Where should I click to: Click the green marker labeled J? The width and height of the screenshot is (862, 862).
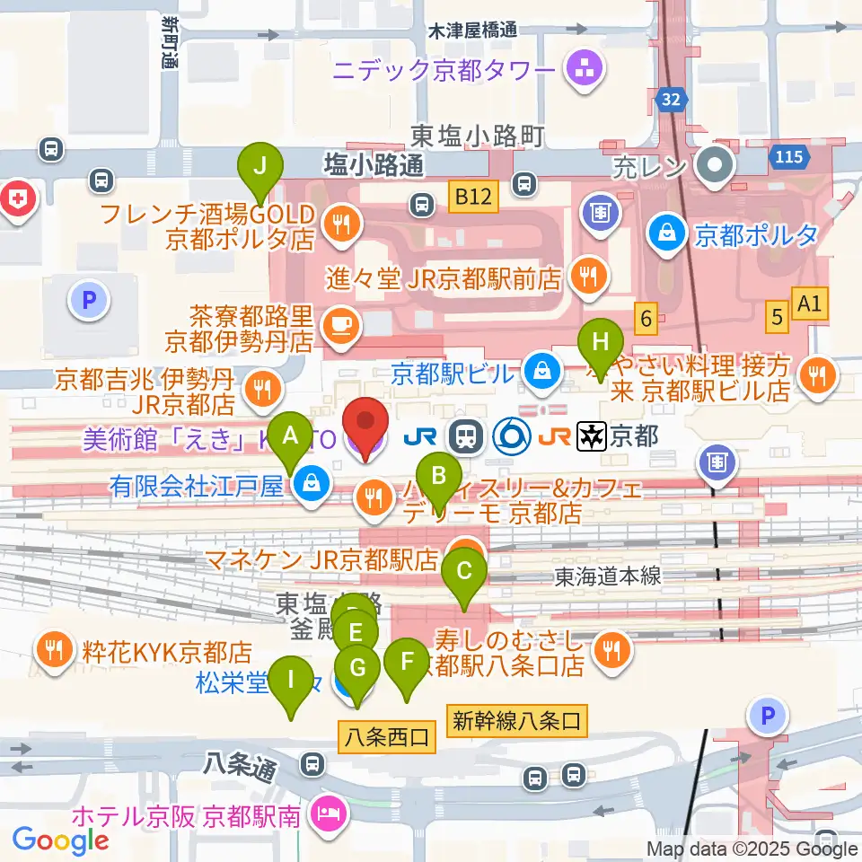coord(260,168)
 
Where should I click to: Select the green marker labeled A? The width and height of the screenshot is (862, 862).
coord(290,436)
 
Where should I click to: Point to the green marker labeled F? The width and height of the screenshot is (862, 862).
coord(407,665)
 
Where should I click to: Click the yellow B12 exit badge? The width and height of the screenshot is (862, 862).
coord(472,197)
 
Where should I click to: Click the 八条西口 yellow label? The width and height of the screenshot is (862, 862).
coord(387,738)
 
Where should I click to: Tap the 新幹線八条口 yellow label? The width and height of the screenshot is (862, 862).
coord(520,718)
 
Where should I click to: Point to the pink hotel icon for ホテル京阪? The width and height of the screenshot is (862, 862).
coord(323,815)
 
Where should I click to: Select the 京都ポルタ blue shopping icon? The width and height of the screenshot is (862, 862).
coord(670,233)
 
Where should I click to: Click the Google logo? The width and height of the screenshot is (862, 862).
coord(60,840)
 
